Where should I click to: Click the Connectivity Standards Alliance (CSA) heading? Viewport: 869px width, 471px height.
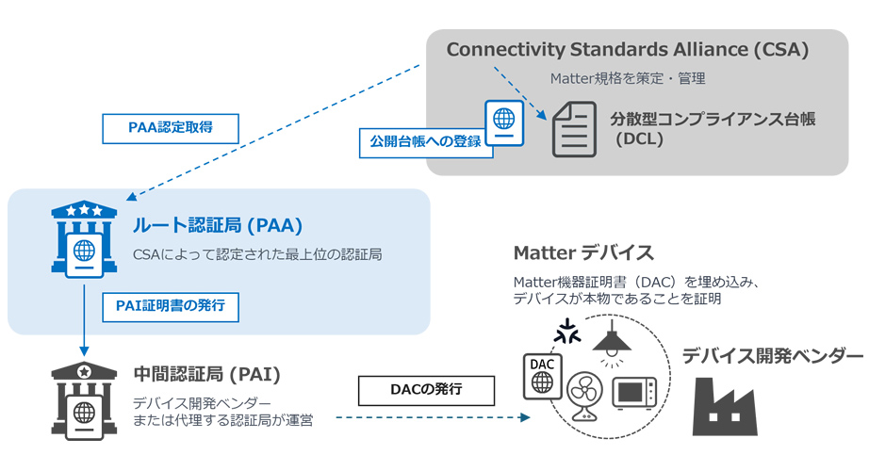(x=628, y=50)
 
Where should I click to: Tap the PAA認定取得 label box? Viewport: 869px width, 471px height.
(x=170, y=128)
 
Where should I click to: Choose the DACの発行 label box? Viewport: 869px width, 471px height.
(x=427, y=389)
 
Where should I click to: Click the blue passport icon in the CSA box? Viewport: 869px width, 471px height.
(x=504, y=122)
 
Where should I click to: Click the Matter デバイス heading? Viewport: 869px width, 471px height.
(x=583, y=252)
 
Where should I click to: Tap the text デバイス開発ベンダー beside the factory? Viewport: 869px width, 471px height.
(x=772, y=356)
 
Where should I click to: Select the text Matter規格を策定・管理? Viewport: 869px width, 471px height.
(x=628, y=78)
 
